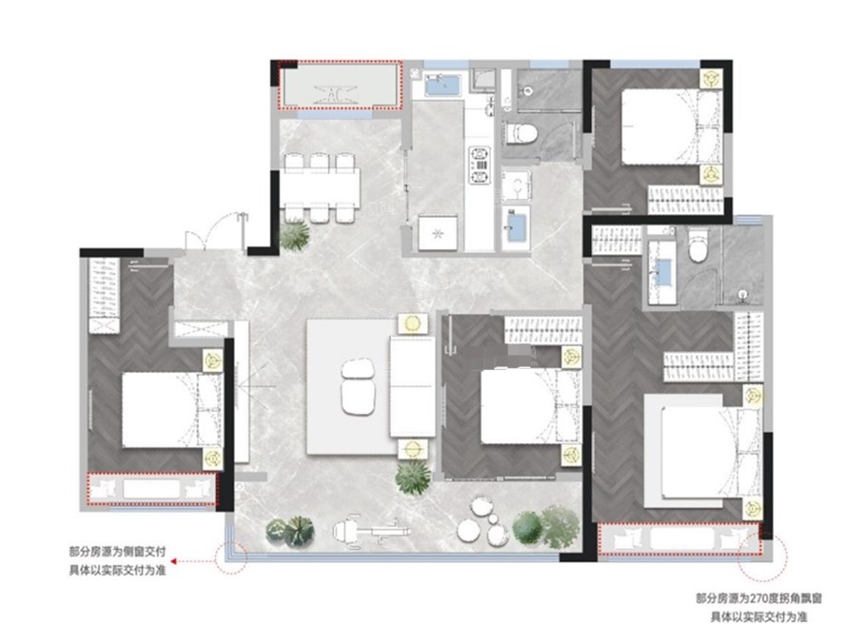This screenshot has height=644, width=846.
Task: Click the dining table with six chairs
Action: (x=320, y=187)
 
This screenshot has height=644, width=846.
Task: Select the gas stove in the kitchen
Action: (x=480, y=166)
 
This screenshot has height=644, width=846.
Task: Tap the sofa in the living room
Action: (x=413, y=387)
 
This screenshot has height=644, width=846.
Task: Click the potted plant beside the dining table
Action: (x=295, y=235)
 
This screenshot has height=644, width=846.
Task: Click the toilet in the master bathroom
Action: (x=699, y=246)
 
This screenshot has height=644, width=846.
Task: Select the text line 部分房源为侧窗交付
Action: (x=117, y=552)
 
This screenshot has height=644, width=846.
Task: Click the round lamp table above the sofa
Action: (x=413, y=323)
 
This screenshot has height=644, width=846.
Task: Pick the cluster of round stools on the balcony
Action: (x=482, y=521)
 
